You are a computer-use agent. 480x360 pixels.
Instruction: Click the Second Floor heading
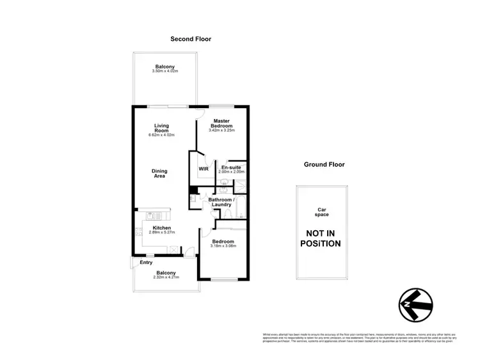point(191,39)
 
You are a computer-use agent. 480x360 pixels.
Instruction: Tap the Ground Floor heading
point(324,164)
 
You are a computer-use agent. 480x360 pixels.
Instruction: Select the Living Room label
point(161,128)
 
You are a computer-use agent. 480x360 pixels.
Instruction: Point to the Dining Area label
point(159,173)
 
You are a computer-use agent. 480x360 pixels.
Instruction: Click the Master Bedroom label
point(222,123)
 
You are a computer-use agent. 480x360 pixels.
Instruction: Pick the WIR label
point(204,169)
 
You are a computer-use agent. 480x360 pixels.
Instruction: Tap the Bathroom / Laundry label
point(222,202)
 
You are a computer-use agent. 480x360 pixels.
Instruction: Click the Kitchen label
point(161,227)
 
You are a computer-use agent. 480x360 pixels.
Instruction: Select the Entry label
point(146,263)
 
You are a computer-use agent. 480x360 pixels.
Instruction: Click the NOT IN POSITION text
point(321,239)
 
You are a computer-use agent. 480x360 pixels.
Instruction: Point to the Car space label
point(322,212)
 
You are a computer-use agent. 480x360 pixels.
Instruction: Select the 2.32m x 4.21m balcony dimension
point(166,278)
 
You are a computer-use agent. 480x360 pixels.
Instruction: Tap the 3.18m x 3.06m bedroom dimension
point(223,246)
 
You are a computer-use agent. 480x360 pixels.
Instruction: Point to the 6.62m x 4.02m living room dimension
point(161,136)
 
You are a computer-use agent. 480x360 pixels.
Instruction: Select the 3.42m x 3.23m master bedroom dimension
point(222,131)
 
